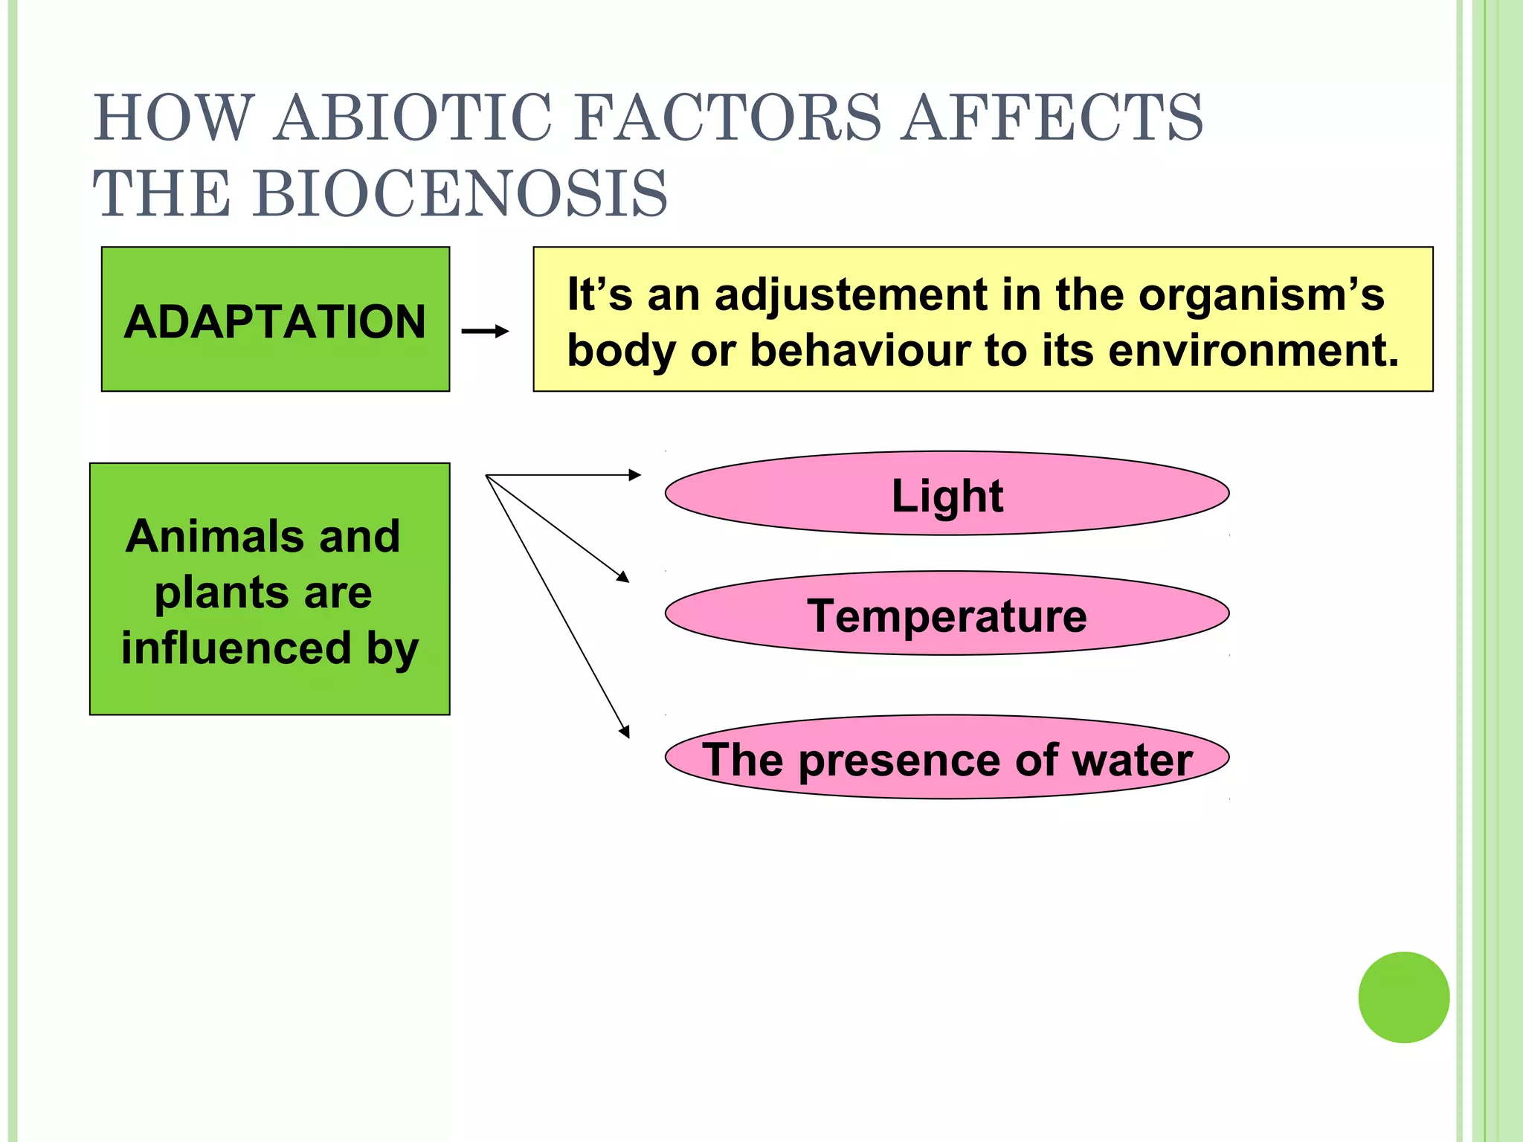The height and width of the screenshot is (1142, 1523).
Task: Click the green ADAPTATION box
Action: click(275, 320)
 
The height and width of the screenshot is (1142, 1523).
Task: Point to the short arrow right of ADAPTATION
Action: click(485, 331)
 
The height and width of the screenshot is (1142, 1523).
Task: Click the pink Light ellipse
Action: click(947, 494)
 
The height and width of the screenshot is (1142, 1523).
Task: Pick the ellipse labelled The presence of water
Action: click(947, 758)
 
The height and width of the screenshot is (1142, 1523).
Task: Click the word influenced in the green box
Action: click(236, 648)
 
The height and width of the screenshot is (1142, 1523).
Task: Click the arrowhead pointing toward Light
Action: click(634, 475)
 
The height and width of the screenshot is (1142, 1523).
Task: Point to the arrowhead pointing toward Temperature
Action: click(623, 576)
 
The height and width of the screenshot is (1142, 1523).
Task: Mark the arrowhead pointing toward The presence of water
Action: click(625, 732)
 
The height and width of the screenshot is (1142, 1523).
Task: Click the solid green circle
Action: click(1403, 997)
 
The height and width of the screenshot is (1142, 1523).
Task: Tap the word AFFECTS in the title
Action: click(1052, 117)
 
